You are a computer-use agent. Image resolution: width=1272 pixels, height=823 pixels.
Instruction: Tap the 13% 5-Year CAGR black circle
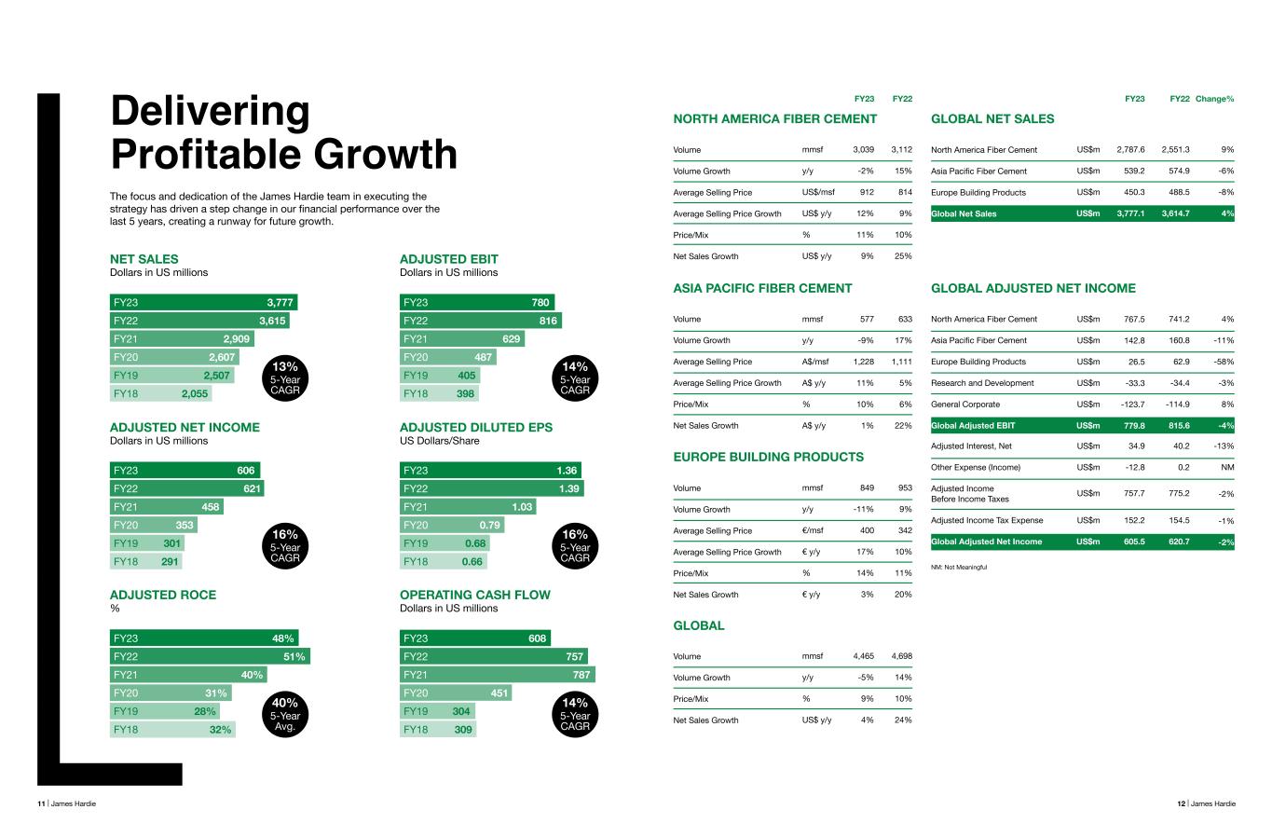pyautogui.click(x=285, y=377)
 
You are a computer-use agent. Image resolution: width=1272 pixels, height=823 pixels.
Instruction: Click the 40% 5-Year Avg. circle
pyautogui.click(x=285, y=714)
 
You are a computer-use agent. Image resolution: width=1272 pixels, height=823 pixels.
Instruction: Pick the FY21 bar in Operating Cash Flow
pyautogui.click(x=497, y=675)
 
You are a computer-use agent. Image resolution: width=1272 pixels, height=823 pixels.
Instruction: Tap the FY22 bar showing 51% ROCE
pyautogui.click(x=210, y=656)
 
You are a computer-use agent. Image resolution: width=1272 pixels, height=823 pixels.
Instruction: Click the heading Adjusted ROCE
pyautogui.click(x=162, y=595)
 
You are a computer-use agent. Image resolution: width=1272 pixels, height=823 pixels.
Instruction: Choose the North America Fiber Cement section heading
pyautogui.click(x=774, y=118)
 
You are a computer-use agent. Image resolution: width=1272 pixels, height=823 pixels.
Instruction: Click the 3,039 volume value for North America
pyautogui.click(x=863, y=149)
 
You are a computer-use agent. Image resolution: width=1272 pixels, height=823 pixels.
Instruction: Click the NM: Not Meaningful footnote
pyautogui.click(x=959, y=567)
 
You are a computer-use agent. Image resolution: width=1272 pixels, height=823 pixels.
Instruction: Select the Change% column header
pyautogui.click(x=1214, y=99)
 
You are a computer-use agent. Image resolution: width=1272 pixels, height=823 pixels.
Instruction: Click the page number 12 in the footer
pyautogui.click(x=1181, y=803)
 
